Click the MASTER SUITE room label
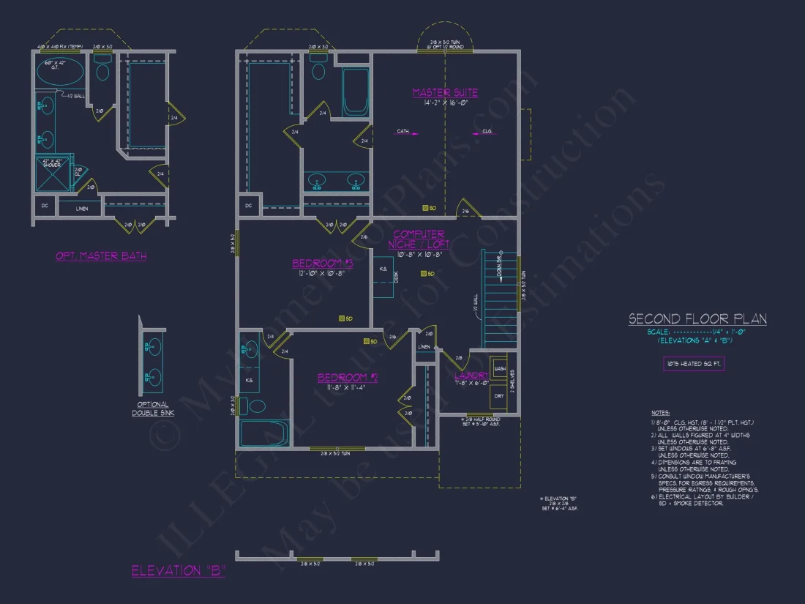coord(445,93)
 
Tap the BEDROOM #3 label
coord(323,264)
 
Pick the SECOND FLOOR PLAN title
coord(697,319)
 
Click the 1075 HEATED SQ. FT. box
coord(693,364)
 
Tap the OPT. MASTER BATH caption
coord(101,256)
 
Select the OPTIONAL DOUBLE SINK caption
coord(151,409)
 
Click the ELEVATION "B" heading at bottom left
coord(178,571)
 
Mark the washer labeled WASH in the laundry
coord(500,369)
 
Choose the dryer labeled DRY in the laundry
coord(500,395)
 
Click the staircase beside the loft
coord(500,300)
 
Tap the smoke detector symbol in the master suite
coord(433,207)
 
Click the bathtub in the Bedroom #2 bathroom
coord(265,432)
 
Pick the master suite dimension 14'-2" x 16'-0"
coord(445,104)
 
